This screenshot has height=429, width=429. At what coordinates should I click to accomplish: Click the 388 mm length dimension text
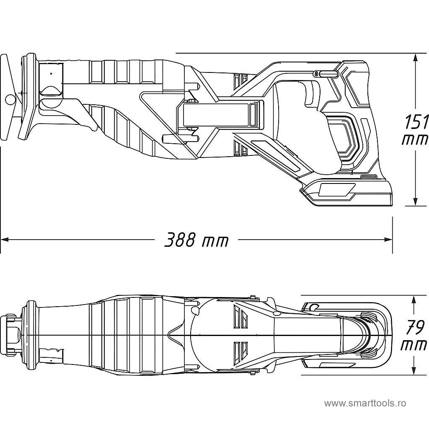(x=196, y=240)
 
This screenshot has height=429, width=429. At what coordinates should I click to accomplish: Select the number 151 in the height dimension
(x=416, y=121)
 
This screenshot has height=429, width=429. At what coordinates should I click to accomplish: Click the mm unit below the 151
(x=415, y=140)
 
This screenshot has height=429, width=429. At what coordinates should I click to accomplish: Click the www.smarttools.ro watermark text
(x=365, y=403)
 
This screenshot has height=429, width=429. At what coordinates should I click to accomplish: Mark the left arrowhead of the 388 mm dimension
(x=5, y=240)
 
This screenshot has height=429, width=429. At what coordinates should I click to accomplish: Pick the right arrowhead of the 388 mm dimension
(x=388, y=240)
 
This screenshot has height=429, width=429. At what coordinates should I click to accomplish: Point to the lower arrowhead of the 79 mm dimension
(x=414, y=371)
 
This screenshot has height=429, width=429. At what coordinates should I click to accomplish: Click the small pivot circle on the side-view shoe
(x=10, y=99)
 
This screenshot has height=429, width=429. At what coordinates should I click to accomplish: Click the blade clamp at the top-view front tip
(x=12, y=335)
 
